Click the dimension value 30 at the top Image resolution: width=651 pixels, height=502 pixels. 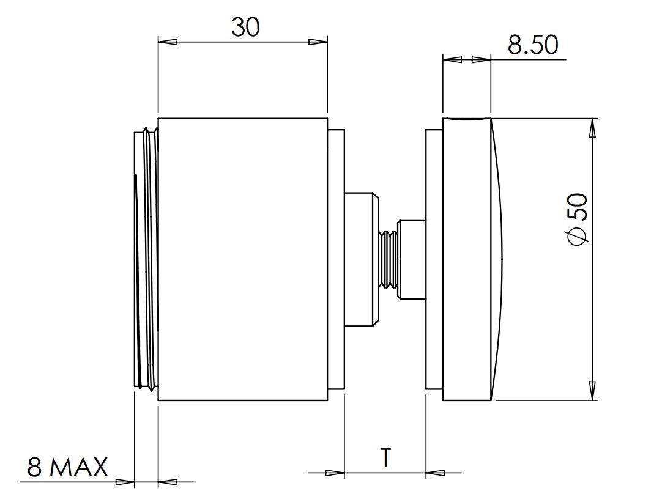click(x=245, y=27)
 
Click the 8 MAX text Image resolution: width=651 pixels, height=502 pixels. click(x=67, y=468)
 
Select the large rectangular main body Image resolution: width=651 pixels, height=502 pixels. click(x=242, y=258)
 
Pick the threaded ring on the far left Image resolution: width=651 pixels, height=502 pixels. click(x=146, y=258)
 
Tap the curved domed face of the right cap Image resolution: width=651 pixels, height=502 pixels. click(x=497, y=258)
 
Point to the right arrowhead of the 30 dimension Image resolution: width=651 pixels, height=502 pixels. click(x=318, y=42)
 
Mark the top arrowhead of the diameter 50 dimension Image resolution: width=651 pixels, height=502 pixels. click(x=592, y=129)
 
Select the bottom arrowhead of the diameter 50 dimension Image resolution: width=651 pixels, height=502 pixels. click(x=592, y=389)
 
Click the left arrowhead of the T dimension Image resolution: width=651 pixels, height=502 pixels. click(x=335, y=473)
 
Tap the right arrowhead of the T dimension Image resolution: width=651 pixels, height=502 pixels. click(x=435, y=473)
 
